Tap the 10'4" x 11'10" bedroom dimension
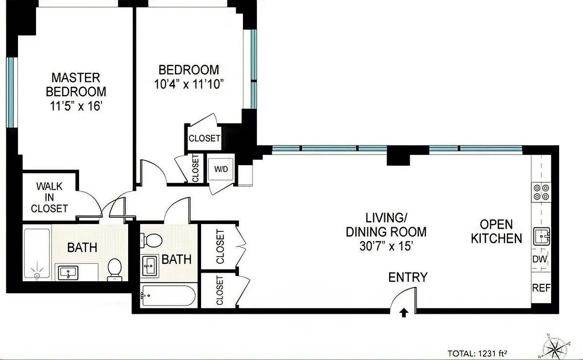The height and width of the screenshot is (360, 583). [x=189, y=84]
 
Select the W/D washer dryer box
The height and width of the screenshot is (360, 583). [x=221, y=169]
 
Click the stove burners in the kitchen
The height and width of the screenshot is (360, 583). [x=540, y=192]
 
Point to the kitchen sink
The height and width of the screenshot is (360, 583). [x=541, y=236]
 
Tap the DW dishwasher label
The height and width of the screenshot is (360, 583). [x=540, y=259]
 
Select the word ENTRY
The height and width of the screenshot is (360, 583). [x=408, y=277]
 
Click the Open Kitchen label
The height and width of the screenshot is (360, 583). [x=497, y=231]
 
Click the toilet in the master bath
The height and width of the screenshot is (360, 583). [x=114, y=269]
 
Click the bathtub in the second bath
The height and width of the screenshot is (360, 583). [x=168, y=296]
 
